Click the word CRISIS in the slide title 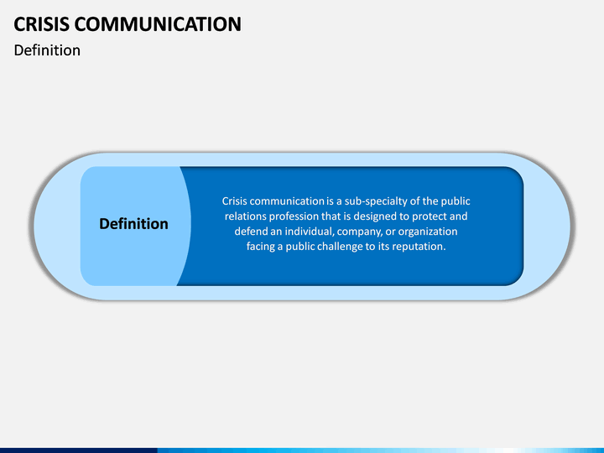[x=43, y=23]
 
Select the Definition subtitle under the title [x=47, y=50]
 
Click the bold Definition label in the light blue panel [x=133, y=224]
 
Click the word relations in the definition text [x=246, y=216]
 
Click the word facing [x=262, y=247]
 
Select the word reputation [x=414, y=247]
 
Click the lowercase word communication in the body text [x=287, y=201]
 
